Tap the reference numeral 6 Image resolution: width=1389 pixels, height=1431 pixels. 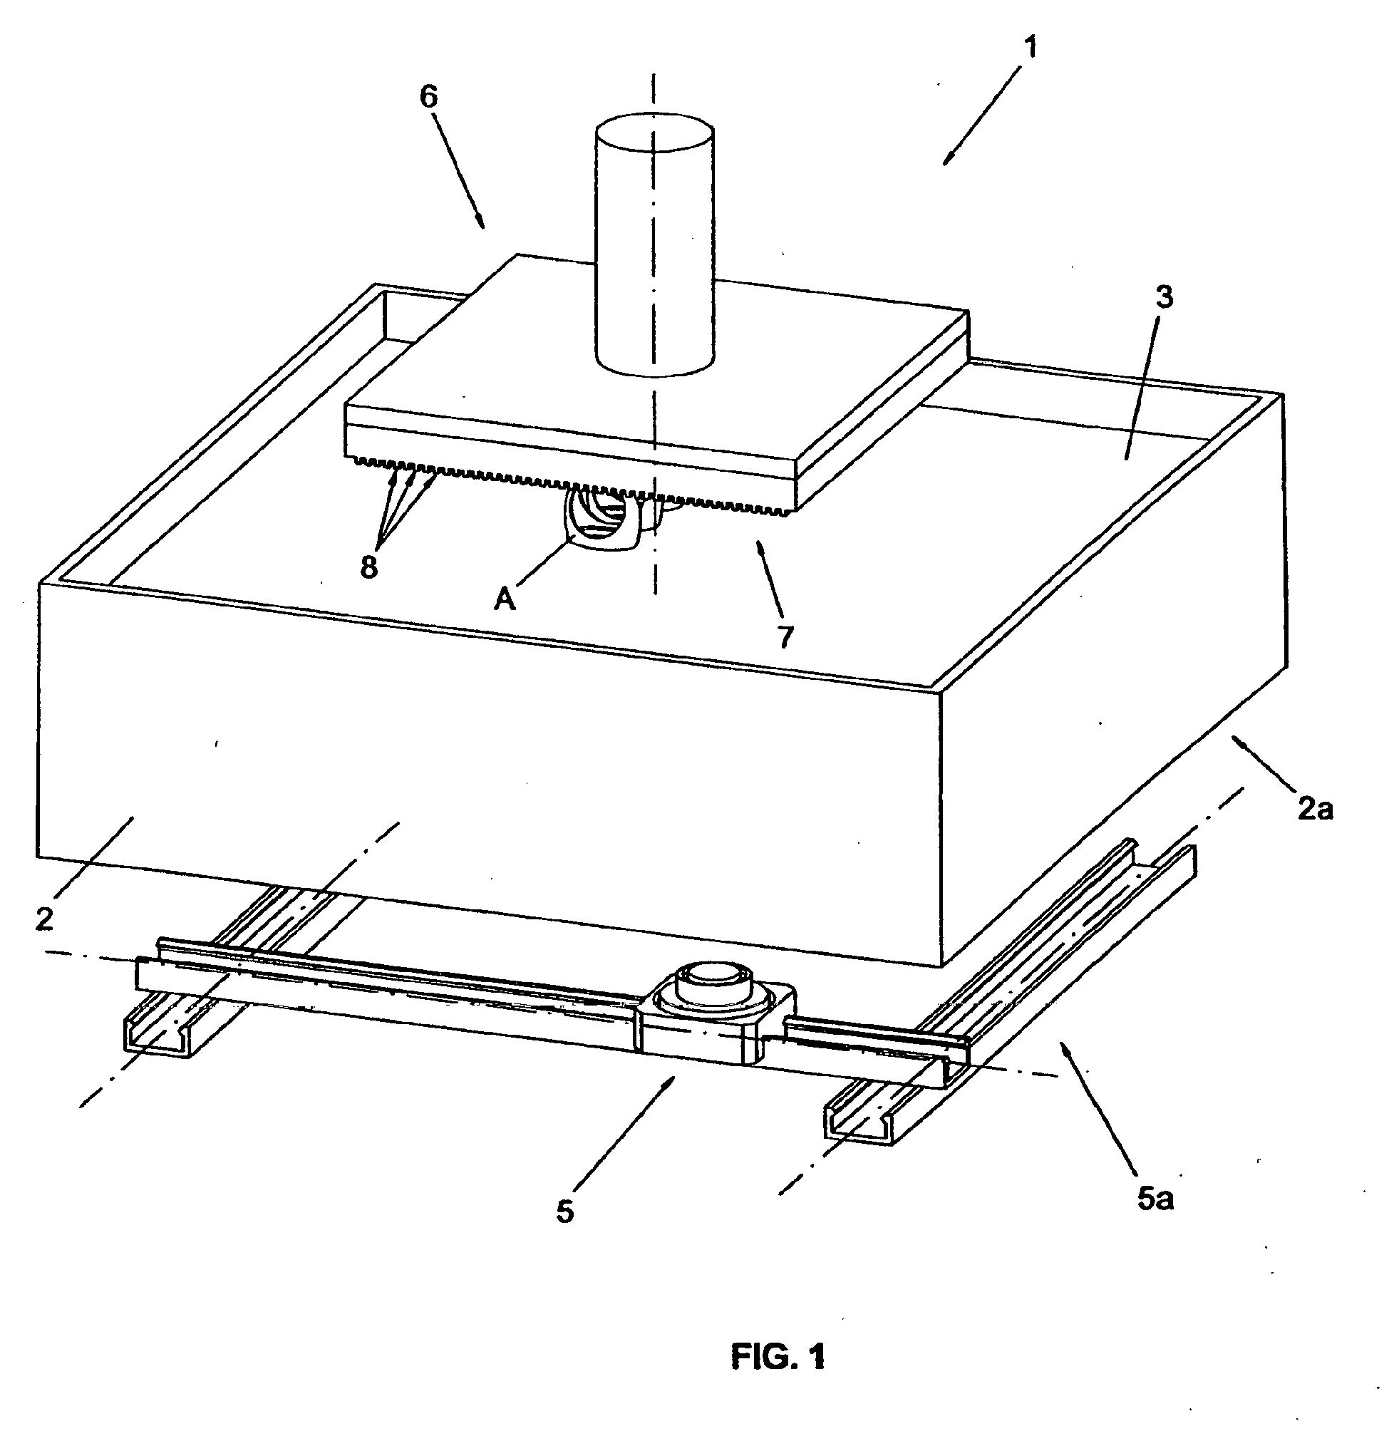click(x=429, y=97)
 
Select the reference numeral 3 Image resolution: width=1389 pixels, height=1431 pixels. click(x=1163, y=297)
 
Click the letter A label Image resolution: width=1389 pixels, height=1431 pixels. click(x=505, y=599)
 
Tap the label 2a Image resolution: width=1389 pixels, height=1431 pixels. click(x=1314, y=809)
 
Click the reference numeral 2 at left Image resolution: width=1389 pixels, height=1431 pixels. click(x=46, y=919)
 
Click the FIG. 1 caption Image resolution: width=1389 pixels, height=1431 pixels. click(x=778, y=1358)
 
